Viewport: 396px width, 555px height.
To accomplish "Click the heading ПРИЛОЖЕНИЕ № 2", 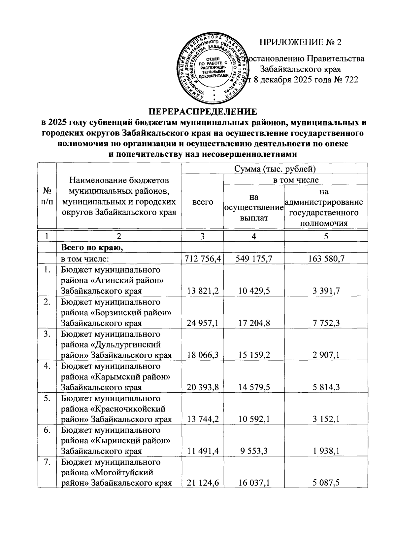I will click(x=300, y=43).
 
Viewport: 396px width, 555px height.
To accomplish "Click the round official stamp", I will click(x=214, y=69).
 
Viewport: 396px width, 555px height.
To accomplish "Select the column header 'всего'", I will click(x=203, y=202).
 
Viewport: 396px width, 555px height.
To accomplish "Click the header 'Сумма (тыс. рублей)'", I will click(x=275, y=169).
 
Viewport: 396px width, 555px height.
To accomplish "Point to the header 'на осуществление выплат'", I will click(x=253, y=208).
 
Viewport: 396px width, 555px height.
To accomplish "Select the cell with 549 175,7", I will click(x=253, y=259).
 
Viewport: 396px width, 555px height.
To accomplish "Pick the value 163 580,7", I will click(x=326, y=259).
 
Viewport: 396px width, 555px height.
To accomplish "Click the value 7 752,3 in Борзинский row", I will click(x=326, y=323).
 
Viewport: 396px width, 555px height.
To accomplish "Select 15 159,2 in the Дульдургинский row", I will click(x=253, y=355).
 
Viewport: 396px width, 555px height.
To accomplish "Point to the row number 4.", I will click(x=47, y=366).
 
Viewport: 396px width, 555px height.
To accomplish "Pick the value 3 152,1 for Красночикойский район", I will click(x=326, y=419).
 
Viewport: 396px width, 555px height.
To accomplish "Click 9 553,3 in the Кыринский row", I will click(x=253, y=451).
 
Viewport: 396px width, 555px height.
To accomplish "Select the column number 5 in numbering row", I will click(x=326, y=236).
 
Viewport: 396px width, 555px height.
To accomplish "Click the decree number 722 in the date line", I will click(x=351, y=80).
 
